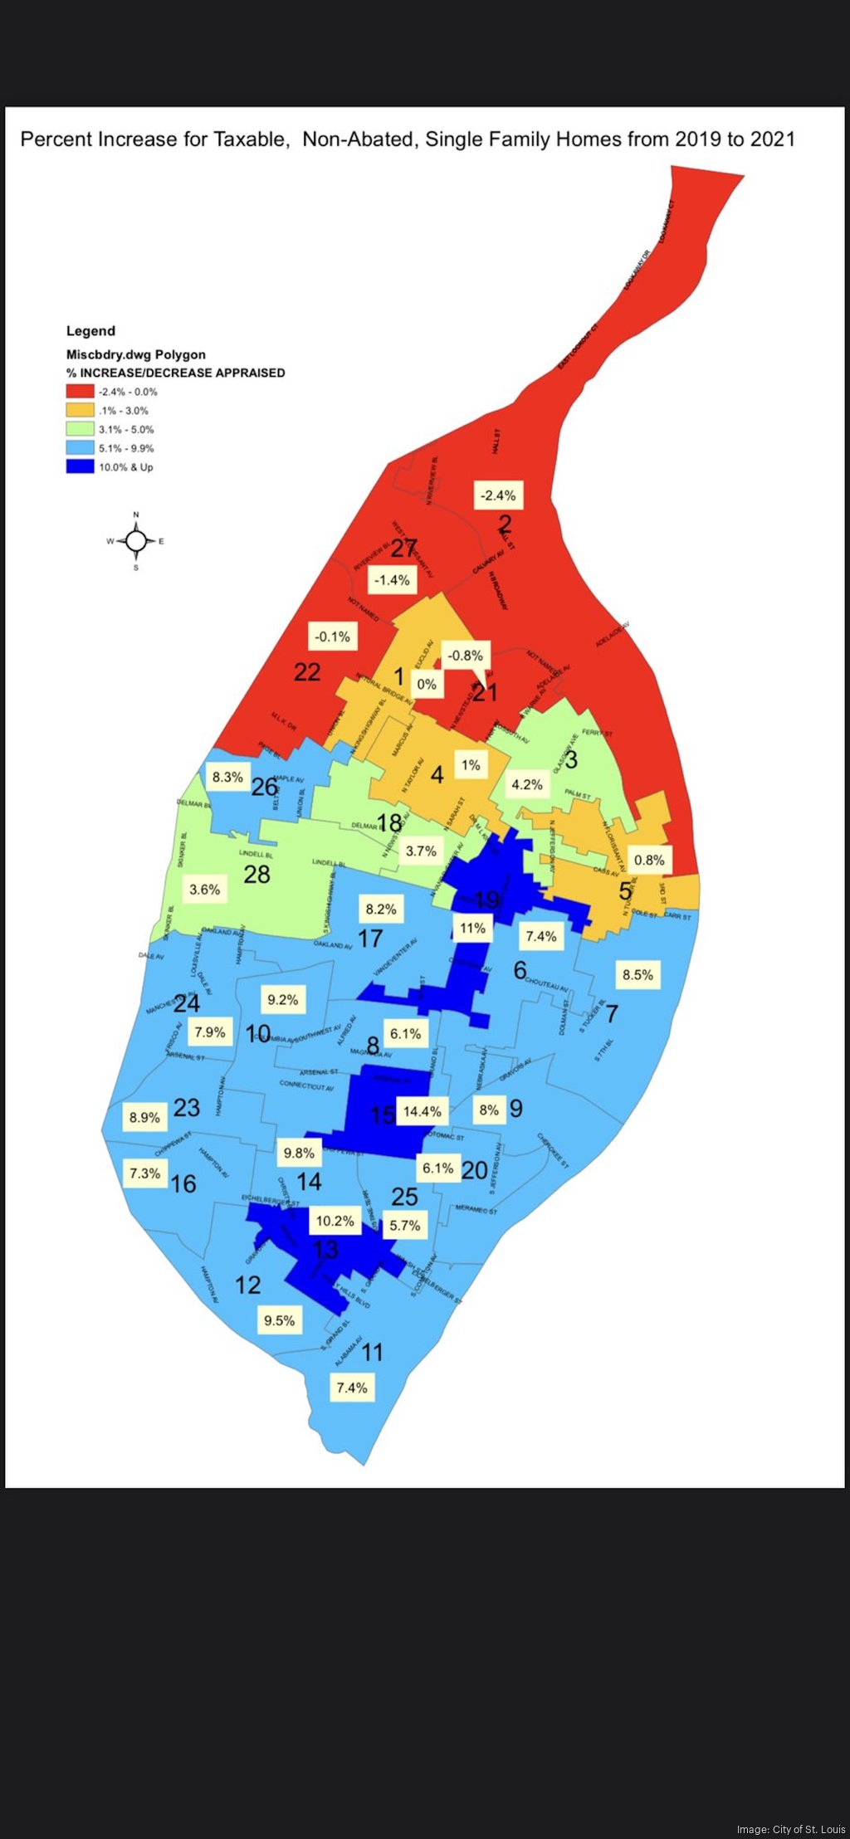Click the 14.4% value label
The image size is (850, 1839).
pyautogui.click(x=423, y=1111)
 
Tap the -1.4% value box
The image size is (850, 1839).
pyautogui.click(x=392, y=580)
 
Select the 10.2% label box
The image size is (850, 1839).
pyautogui.click(x=335, y=1221)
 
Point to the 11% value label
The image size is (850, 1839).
pyautogui.click(x=472, y=928)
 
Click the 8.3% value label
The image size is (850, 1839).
pyautogui.click(x=227, y=777)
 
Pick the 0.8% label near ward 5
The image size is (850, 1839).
pyautogui.click(x=649, y=860)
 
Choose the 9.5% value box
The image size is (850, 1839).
pyautogui.click(x=280, y=1320)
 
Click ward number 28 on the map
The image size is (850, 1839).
pyautogui.click(x=256, y=874)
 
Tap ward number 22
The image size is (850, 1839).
pyautogui.click(x=307, y=672)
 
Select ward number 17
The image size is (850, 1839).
pyautogui.click(x=370, y=939)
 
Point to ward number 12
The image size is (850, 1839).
pyautogui.click(x=248, y=1285)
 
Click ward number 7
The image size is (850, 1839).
pyautogui.click(x=612, y=1013)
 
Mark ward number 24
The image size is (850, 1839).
pyautogui.click(x=187, y=1003)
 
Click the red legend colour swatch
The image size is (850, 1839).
pyautogui.click(x=80, y=392)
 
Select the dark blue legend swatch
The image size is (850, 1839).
pyautogui.click(x=80, y=467)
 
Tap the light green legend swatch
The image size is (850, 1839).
pyautogui.click(x=80, y=429)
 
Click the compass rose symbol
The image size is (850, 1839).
pyautogui.click(x=136, y=542)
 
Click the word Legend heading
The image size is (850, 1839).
pyautogui.click(x=90, y=331)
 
